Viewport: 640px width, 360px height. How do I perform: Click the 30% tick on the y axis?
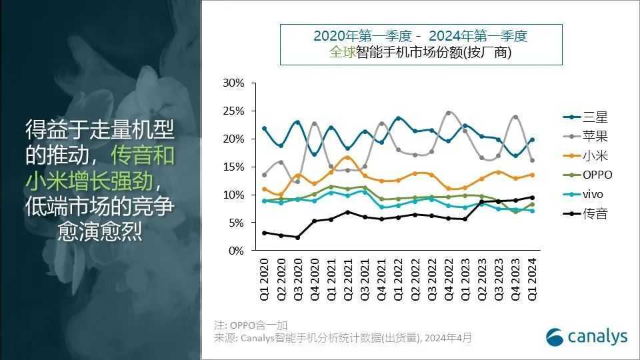pos(234,83)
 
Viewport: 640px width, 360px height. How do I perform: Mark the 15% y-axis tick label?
pos(234,167)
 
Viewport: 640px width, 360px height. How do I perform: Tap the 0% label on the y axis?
pos(237,251)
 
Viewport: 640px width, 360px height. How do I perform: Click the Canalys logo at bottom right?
pos(587,337)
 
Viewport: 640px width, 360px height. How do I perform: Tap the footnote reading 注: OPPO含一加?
pos(251,325)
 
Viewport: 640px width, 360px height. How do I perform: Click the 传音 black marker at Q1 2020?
pos(265,233)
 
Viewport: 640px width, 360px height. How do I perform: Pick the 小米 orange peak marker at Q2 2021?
pos(348,157)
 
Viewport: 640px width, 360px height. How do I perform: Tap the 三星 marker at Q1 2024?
pos(532,140)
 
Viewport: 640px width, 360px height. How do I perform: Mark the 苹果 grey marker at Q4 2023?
pos(515,117)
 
